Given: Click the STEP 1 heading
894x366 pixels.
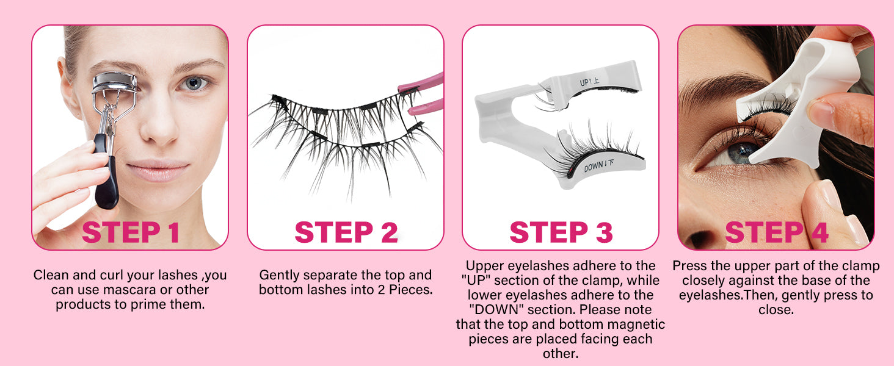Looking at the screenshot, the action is tap(130, 232).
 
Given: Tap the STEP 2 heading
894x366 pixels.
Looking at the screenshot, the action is tap(346, 232).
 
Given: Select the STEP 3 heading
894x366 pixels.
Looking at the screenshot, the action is tap(561, 232).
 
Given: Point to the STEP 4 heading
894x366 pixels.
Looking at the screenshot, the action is tap(777, 232).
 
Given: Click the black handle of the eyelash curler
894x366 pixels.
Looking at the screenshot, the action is tap(106, 171).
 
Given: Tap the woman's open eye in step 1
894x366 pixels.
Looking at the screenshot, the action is tap(194, 84).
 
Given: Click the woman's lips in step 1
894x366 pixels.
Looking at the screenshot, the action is tap(158, 170).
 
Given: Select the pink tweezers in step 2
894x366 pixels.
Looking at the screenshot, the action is tap(423, 94).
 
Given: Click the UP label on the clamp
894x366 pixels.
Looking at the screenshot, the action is tap(589, 82).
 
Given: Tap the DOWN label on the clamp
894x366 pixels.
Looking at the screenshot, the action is tap(598, 165).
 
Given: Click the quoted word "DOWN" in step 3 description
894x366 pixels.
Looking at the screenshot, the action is tap(496, 310).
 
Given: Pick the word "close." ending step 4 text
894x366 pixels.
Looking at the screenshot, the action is tap(776, 310).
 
